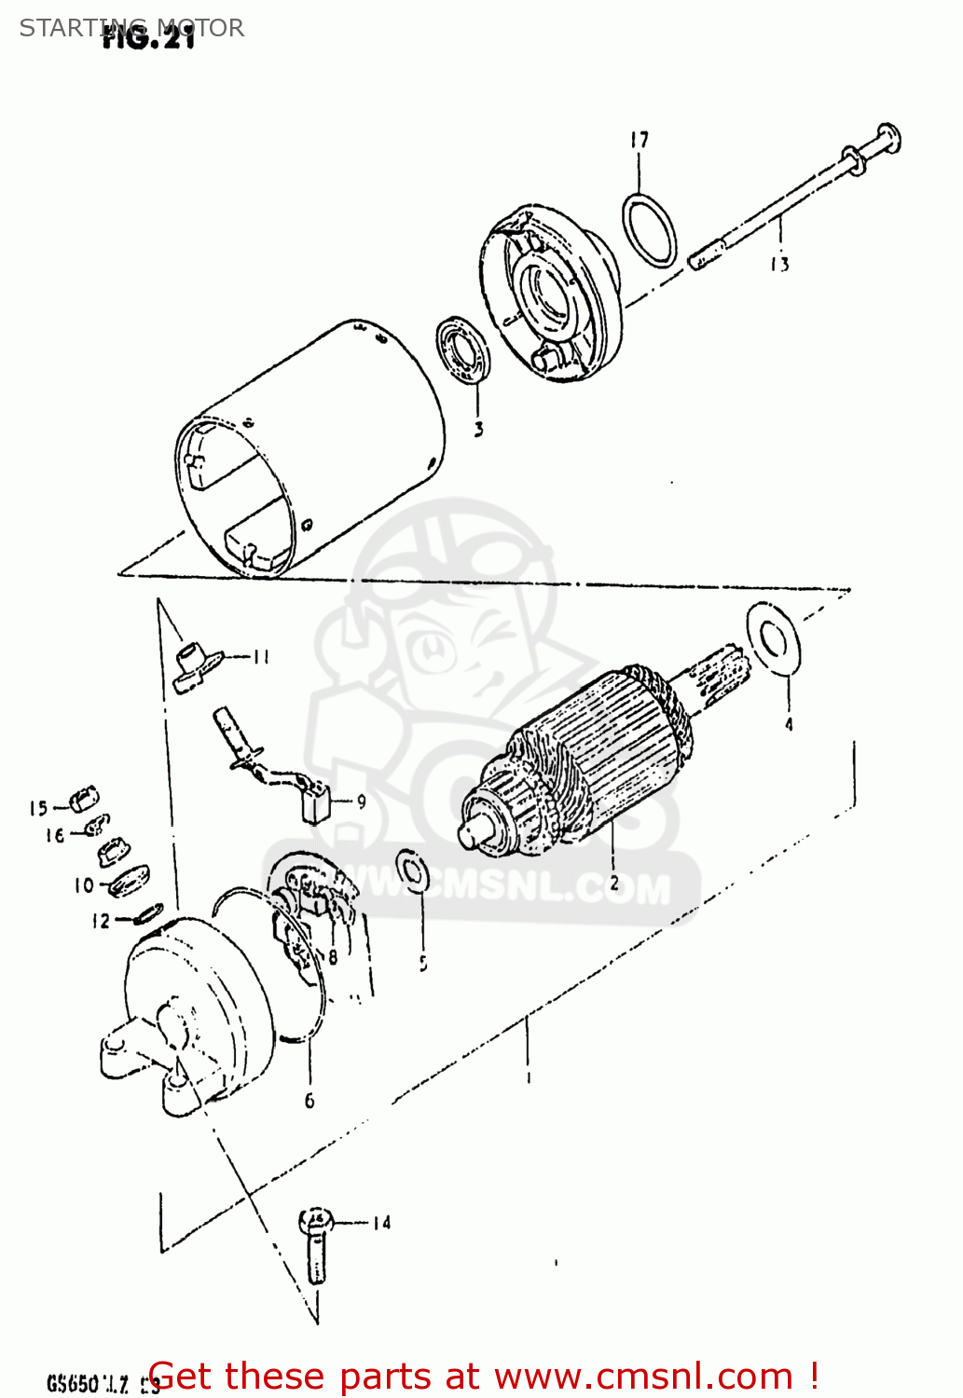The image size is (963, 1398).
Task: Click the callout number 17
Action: (639, 141)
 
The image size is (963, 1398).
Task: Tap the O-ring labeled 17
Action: (649, 229)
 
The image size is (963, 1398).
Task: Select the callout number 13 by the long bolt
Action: (779, 265)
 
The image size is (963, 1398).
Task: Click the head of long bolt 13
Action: (887, 139)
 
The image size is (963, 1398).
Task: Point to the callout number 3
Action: (478, 430)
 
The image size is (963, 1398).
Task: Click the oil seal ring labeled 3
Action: (463, 349)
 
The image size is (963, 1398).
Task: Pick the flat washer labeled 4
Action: (773, 637)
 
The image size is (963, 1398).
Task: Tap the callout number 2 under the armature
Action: (613, 883)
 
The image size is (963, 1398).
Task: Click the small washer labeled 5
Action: (410, 870)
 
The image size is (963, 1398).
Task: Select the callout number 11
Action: (260, 657)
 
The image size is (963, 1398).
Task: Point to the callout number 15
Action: (37, 808)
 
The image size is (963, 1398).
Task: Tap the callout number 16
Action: (55, 836)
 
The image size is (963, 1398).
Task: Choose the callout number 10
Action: (84, 885)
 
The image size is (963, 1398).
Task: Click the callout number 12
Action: (101, 922)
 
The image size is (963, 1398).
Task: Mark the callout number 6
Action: (310, 1101)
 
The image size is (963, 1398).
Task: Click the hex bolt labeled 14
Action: (316, 1244)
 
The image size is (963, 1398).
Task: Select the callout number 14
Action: (381, 1223)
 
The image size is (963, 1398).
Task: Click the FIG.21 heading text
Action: (149, 39)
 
